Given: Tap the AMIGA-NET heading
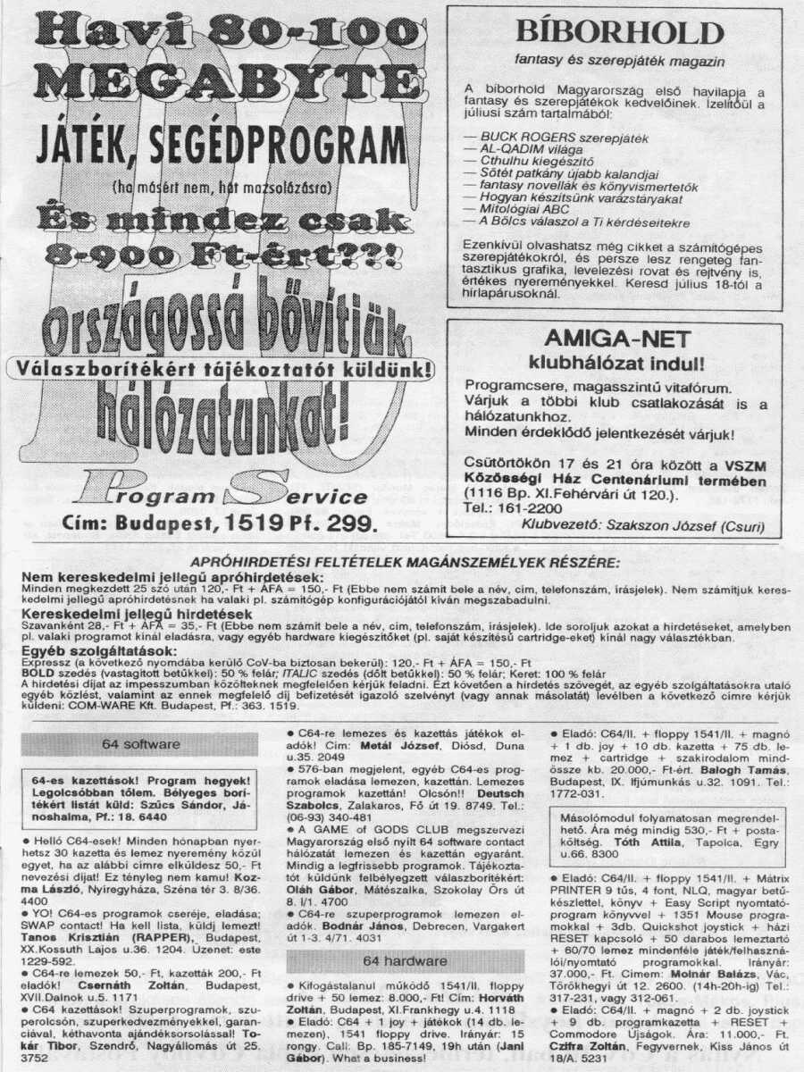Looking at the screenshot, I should (616, 339).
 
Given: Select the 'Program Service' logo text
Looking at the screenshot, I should (223, 495).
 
